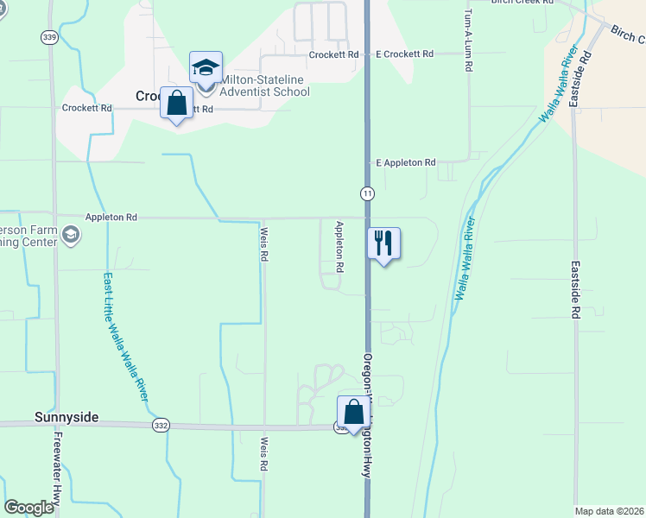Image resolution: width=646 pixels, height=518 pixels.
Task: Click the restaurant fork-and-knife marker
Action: click(384, 243)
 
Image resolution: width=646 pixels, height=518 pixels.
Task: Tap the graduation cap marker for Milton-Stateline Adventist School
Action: click(206, 67)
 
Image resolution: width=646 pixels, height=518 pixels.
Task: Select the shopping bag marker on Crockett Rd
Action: click(177, 103)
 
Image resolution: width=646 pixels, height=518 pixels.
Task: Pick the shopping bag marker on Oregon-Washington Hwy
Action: click(353, 412)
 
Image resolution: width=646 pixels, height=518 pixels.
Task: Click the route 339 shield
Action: click(49, 37)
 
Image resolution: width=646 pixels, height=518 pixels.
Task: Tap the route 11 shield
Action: click(368, 193)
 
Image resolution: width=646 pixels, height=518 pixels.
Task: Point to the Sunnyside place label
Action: click(66, 417)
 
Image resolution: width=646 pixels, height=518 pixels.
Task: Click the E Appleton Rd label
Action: click(406, 162)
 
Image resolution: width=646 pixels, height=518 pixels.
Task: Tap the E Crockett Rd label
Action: click(404, 54)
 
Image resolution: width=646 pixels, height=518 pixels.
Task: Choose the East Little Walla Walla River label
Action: click(125, 337)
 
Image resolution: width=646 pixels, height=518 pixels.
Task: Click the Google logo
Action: click(28, 508)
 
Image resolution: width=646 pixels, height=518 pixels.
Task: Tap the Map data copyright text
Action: click(609, 511)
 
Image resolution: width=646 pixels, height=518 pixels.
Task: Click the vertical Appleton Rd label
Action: click(339, 247)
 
